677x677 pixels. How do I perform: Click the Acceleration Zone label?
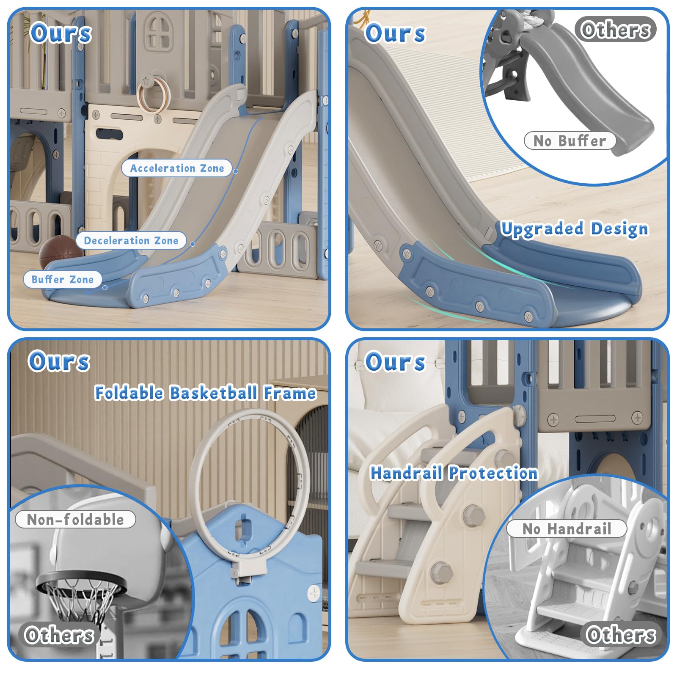click(177, 168)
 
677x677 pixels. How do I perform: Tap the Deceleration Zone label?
click(131, 240)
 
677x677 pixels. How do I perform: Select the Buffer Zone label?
click(63, 279)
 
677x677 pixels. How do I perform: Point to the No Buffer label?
click(570, 140)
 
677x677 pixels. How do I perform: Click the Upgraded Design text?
click(574, 228)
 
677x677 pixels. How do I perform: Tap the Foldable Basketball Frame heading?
click(205, 393)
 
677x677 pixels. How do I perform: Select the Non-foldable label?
click(75, 519)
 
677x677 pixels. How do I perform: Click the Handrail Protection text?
click(454, 473)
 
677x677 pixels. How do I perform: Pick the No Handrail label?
click(567, 528)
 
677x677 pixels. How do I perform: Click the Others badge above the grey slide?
click(616, 29)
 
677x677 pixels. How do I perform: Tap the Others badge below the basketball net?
click(59, 635)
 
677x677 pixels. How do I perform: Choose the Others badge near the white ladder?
click(621, 634)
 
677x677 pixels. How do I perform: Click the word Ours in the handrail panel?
click(395, 362)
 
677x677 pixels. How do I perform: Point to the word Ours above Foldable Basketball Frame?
click(59, 361)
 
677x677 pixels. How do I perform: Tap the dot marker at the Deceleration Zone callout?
click(193, 244)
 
